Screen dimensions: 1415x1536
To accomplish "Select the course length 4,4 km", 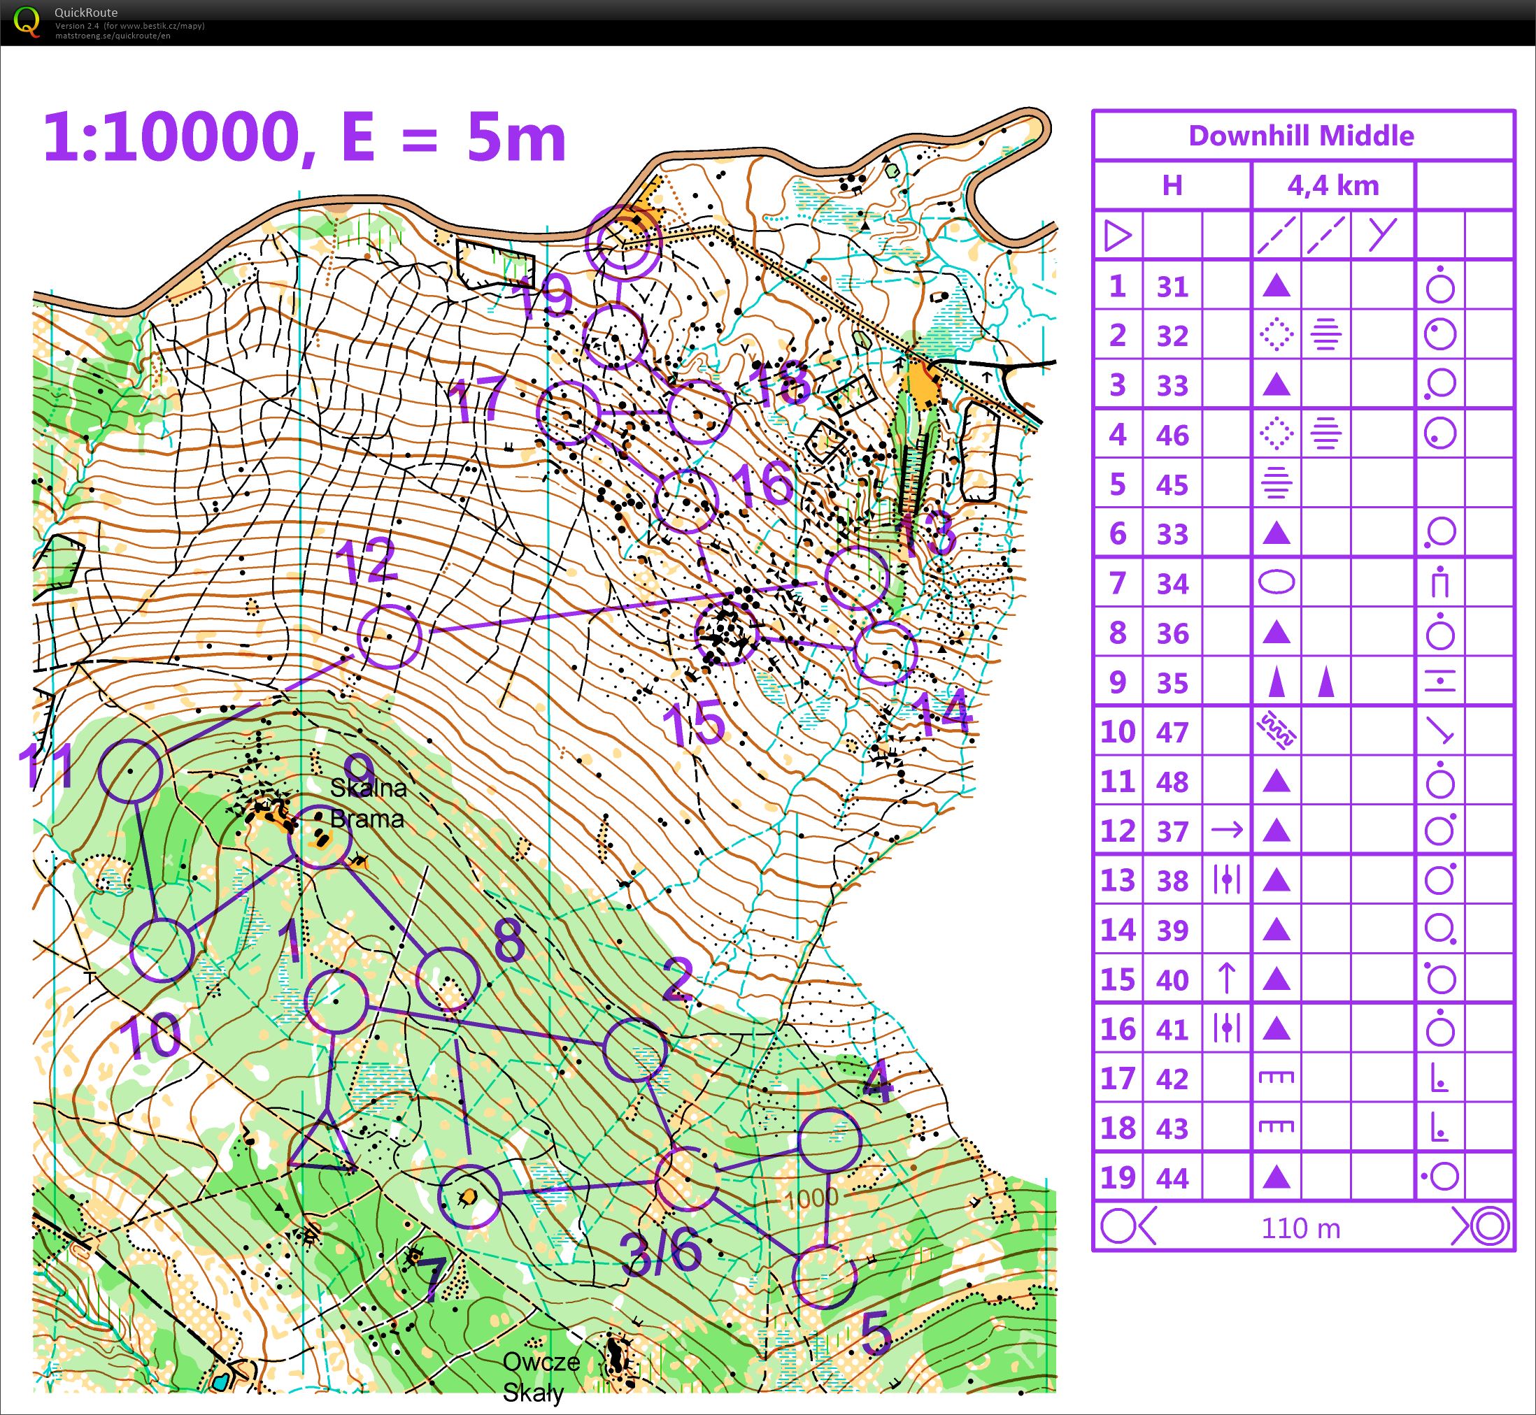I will (x=1333, y=185).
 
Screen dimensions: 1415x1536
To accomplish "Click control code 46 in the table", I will (x=1172, y=435).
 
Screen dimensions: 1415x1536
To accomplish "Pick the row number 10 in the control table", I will (x=1118, y=731).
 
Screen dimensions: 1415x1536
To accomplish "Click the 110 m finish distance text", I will (x=1301, y=1228).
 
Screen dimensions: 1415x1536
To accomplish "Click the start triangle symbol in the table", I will (x=1118, y=235).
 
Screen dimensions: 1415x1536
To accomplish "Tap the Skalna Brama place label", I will (x=368, y=803).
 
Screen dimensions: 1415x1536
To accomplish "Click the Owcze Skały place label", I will (x=541, y=1377).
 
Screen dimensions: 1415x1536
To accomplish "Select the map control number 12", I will (x=367, y=561).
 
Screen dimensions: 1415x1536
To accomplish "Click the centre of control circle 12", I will (x=389, y=636).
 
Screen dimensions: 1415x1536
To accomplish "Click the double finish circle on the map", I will (x=622, y=243).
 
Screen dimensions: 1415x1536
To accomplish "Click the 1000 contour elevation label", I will (x=811, y=1198).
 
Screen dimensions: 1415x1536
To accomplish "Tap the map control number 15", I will (x=693, y=724).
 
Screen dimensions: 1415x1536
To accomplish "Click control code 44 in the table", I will (x=1172, y=1177).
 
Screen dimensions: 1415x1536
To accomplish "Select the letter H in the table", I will (x=1172, y=185).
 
